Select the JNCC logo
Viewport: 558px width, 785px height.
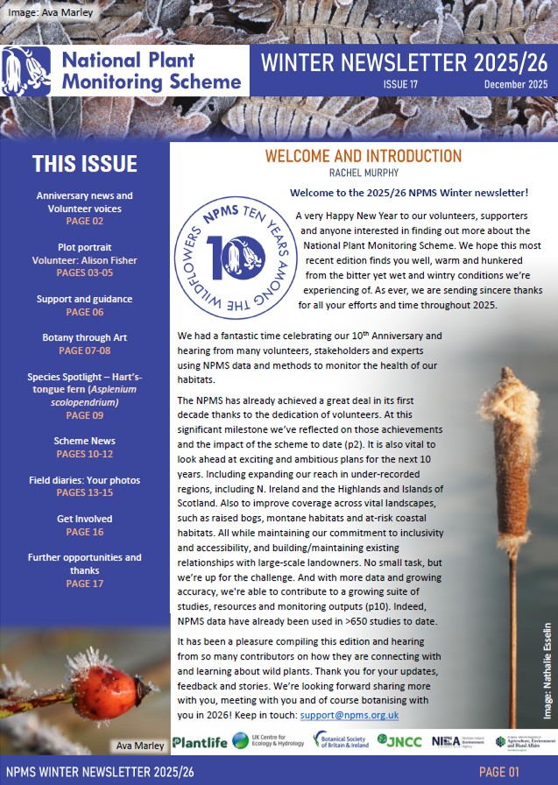[x=398, y=741]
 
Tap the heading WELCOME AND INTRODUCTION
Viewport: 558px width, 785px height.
[x=363, y=157]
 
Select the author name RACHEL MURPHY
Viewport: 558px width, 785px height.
[x=363, y=173]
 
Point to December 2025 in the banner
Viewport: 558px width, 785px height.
[x=515, y=84]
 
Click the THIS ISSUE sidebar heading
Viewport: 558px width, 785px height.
[x=85, y=164]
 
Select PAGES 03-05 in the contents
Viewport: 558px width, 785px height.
[x=85, y=273]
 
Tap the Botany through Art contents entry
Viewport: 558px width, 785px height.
[x=85, y=337]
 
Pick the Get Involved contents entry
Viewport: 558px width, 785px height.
[x=85, y=518]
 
